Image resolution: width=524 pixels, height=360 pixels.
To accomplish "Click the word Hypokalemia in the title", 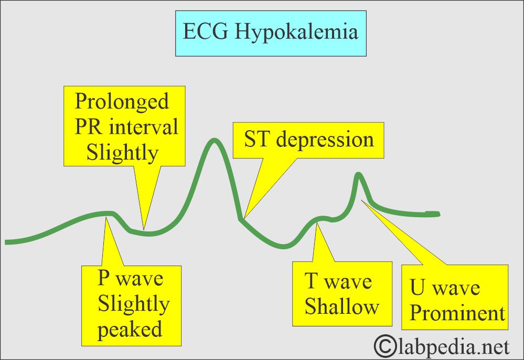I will point(296,32).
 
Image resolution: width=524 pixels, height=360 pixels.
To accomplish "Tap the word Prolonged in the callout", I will point(122,101).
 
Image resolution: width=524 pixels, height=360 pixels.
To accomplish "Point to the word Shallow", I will point(341,307).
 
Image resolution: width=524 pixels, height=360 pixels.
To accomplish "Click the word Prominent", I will point(457,313).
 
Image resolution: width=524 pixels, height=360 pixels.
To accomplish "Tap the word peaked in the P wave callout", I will point(130,330).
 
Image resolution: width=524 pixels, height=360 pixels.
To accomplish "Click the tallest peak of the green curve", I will point(213,140).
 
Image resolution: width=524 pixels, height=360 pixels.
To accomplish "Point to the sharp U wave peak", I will point(359,174).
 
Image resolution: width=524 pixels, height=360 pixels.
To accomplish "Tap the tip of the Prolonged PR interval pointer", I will point(144,229).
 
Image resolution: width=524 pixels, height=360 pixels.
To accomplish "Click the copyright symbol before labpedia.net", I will point(386,346).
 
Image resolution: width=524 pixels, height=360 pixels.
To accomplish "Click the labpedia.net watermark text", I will point(453,346).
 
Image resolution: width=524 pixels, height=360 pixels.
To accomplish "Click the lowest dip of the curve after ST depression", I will point(285,245).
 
